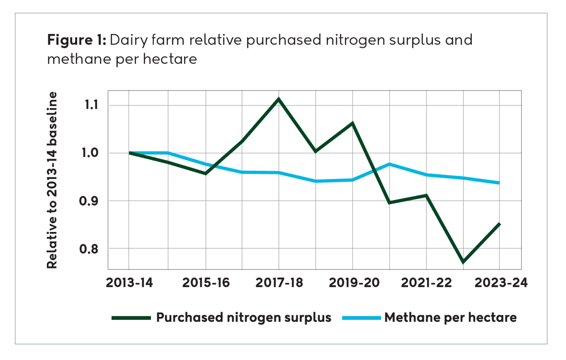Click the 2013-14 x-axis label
point(128,283)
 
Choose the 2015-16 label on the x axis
point(206,283)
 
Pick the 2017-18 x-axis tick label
point(279,283)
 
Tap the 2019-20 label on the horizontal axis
point(352,283)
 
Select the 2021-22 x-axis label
point(426,283)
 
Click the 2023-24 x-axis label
point(499,283)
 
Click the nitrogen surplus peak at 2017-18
point(279,99)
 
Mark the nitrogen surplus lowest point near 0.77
point(463,262)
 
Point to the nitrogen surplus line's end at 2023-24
point(499,224)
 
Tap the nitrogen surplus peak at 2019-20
point(352,123)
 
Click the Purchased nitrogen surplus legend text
point(243,317)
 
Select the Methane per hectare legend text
point(450,317)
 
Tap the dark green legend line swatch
point(131,318)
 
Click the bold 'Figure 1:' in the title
point(76,40)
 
